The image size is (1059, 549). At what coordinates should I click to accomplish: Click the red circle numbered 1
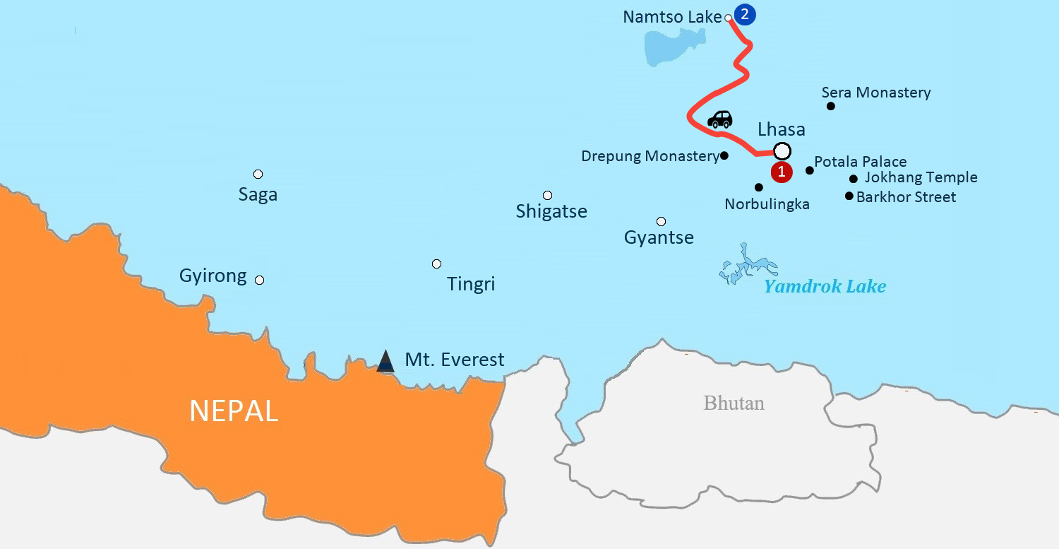(x=782, y=172)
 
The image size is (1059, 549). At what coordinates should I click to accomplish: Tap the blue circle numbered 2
(x=745, y=14)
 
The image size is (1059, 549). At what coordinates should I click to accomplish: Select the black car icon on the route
(x=719, y=119)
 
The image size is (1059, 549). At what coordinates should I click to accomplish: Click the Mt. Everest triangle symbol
(x=385, y=361)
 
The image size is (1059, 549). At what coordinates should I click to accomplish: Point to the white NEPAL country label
(x=234, y=411)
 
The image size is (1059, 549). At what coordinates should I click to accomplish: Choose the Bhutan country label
(x=734, y=403)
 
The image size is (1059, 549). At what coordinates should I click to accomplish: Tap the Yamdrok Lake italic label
(x=825, y=286)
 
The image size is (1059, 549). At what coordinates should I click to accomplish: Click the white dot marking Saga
(x=258, y=174)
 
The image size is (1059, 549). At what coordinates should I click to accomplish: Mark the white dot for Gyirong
(x=259, y=280)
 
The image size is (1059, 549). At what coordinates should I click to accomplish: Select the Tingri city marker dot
(x=436, y=264)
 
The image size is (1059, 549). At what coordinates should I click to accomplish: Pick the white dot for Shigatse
(x=547, y=195)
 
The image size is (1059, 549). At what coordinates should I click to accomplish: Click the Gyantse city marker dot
(x=661, y=221)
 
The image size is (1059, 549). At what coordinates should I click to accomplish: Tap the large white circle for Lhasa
(x=782, y=151)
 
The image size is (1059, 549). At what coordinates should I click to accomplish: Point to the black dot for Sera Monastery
(x=831, y=106)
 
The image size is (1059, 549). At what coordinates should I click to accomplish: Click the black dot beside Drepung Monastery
(x=724, y=155)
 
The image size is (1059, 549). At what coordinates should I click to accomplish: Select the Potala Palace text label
(x=861, y=162)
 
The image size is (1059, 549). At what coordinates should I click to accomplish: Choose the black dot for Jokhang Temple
(x=854, y=179)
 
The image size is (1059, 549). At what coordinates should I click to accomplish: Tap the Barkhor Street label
(x=906, y=197)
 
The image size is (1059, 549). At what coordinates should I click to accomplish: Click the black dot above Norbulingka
(x=759, y=187)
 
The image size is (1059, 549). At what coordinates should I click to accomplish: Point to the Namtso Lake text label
(x=672, y=17)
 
